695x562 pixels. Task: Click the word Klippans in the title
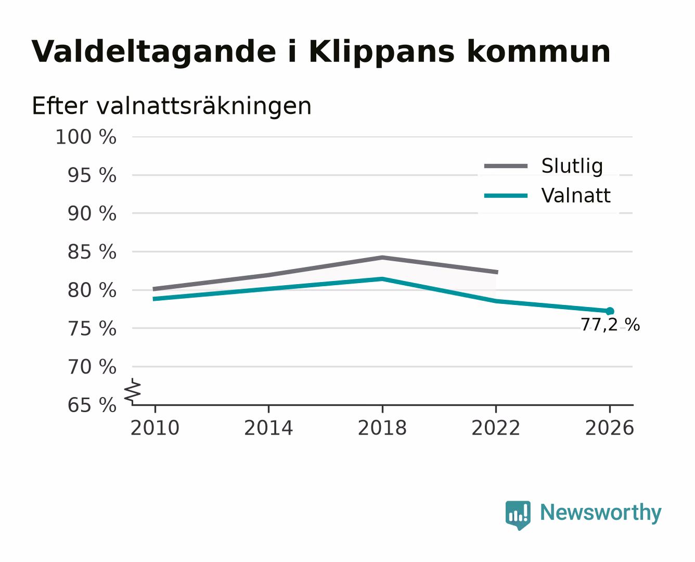[x=381, y=52]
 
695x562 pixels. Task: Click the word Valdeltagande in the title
[x=153, y=52]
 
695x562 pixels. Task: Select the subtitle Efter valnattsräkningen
[x=172, y=106]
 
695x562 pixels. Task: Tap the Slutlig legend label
[x=572, y=166]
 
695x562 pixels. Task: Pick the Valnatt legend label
[x=576, y=196]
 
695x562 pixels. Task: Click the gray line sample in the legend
[x=506, y=166]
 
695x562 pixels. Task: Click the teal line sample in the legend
[x=506, y=196]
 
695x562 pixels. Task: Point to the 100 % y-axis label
[x=86, y=137]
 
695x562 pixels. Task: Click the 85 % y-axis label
[x=92, y=252]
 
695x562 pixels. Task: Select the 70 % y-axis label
[x=92, y=366]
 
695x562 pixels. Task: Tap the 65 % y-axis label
[x=92, y=405]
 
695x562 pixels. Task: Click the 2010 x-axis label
[x=155, y=428]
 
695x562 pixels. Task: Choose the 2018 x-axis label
[x=382, y=428]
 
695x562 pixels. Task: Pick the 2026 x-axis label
[x=609, y=428]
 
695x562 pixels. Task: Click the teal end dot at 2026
[x=610, y=311]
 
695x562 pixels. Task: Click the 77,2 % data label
[x=610, y=325]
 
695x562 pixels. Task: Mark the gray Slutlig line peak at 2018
[x=382, y=258]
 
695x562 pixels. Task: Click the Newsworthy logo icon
[x=518, y=515]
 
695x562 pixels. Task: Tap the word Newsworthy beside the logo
[x=601, y=513]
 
